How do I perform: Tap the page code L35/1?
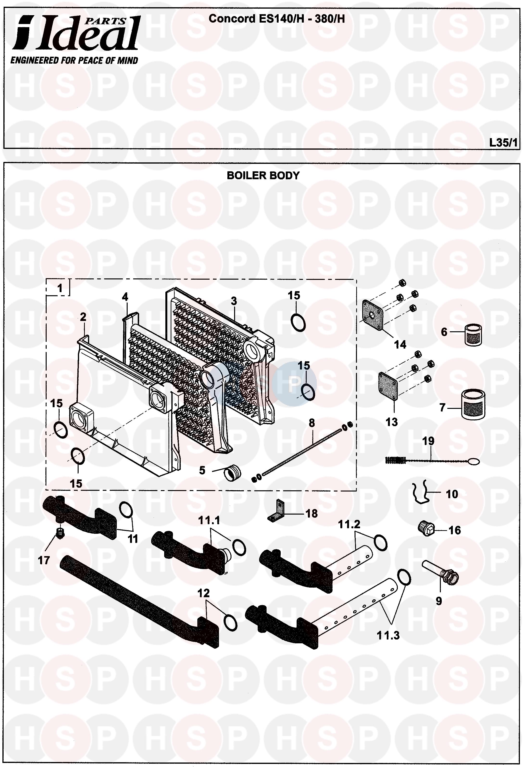point(503,142)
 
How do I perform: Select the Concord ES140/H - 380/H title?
point(277,19)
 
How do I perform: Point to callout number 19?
point(429,441)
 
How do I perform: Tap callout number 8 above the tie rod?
point(312,423)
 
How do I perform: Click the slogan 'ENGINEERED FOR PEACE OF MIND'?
point(74,61)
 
